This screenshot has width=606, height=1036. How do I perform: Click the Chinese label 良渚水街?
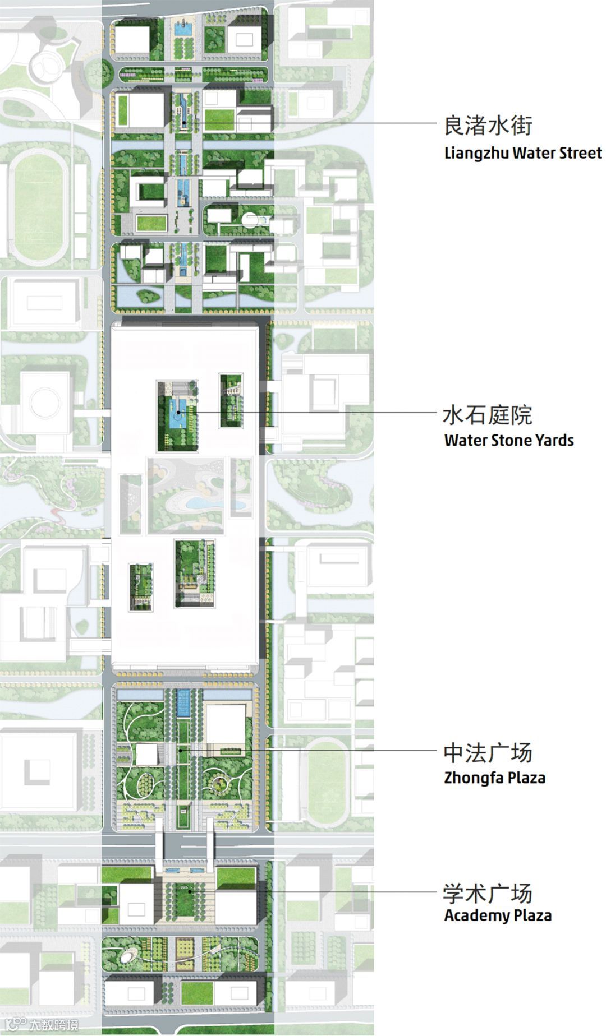point(488,126)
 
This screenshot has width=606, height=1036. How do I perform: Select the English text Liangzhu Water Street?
point(522,153)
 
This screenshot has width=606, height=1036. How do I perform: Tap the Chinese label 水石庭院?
point(488,415)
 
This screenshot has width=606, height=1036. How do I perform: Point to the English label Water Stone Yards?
point(509,440)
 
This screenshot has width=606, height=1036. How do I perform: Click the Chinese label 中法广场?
point(488,753)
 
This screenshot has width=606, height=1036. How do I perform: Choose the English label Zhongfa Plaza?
point(494,778)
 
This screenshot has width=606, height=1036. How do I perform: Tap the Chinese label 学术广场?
point(488,893)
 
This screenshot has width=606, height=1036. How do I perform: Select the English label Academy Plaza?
point(498,915)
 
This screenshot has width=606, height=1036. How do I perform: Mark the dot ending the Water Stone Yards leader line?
point(178,413)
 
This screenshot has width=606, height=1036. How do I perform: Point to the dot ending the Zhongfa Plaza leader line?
point(181,750)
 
